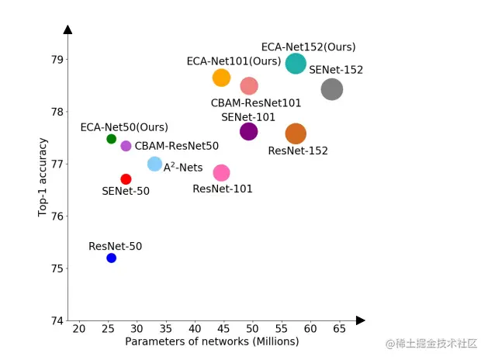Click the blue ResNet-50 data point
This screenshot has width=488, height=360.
pos(111,258)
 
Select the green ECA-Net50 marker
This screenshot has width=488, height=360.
pos(111,139)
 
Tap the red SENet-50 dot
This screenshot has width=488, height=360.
pos(126,179)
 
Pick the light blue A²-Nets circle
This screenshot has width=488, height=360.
pos(154,164)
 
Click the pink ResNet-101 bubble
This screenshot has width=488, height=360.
pos(221,172)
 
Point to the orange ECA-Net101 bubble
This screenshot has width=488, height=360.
pos(221,78)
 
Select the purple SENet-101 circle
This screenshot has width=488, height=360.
pos(248,131)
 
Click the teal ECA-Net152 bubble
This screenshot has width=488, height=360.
pos(296,64)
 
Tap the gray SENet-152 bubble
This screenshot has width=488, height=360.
pos(331,89)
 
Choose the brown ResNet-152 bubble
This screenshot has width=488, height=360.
pos(296,134)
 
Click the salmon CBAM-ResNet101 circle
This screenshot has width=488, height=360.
pos(248,85)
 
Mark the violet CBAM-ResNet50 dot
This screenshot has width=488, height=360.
pos(126,146)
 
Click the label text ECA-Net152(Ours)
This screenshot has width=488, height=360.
pos(308,47)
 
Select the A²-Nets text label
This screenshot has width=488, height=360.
pos(182,167)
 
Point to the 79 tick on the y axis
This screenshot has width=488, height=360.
pos(57,60)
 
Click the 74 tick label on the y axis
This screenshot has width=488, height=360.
pos(57,321)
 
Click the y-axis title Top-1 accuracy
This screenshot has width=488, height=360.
pos(43,177)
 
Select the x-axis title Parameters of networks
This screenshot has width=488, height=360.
pos(212,342)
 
